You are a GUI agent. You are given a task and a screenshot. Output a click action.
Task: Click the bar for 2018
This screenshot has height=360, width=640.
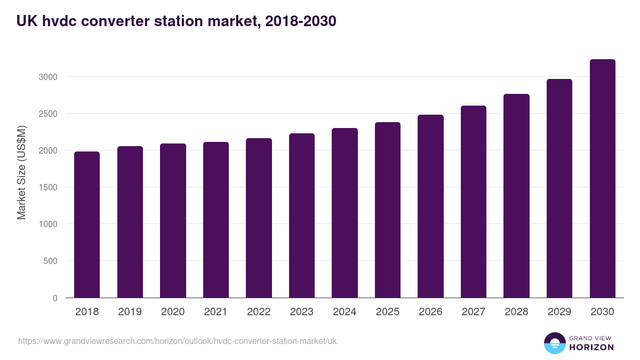point(87,225)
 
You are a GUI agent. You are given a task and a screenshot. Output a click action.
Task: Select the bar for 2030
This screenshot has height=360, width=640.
point(602,179)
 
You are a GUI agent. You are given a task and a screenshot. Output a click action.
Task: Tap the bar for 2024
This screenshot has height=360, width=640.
point(345,213)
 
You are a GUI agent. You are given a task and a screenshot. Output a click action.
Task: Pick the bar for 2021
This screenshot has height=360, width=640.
point(216,220)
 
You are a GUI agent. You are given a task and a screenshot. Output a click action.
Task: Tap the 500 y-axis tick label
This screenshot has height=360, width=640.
point(50,261)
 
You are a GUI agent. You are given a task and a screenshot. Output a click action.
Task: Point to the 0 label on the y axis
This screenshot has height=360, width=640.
point(55,298)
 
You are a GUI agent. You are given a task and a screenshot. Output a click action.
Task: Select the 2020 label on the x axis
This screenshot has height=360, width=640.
point(173,312)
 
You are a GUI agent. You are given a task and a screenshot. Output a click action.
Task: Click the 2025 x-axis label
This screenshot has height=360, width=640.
point(387,312)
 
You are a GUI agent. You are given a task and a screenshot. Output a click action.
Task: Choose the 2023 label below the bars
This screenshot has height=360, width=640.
point(302,312)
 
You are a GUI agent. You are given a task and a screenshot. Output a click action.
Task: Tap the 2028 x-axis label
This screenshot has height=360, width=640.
point(516,312)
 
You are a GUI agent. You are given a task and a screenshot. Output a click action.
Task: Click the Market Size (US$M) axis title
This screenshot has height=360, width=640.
point(21,172)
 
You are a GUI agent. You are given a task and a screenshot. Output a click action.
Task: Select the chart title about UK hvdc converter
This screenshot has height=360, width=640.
point(176,21)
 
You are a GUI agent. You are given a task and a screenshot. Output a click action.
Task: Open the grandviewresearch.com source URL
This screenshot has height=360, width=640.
point(178,341)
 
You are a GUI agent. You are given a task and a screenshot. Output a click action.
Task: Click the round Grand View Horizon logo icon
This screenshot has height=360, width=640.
point(555,343)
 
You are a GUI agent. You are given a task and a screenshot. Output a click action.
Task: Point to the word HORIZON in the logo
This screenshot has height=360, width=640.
point(591,347)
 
